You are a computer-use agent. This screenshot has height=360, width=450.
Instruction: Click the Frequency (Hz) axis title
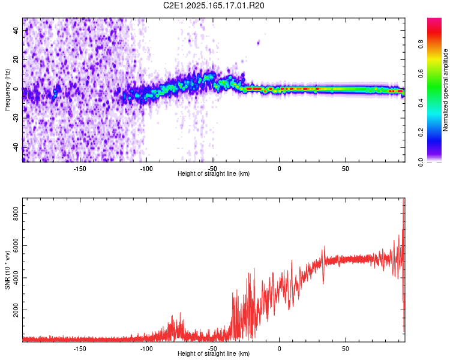point(7,90)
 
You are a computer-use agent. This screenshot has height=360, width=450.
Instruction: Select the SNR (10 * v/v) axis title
point(7,270)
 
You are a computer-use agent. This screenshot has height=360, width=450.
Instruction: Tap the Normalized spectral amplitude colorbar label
point(446,90)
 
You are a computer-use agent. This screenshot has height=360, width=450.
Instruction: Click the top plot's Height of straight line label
point(214,173)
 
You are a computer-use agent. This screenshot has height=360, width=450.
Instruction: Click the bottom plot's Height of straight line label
point(214,353)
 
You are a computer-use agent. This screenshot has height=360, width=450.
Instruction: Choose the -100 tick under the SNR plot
point(146,347)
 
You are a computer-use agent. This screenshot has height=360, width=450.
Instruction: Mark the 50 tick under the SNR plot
point(346,347)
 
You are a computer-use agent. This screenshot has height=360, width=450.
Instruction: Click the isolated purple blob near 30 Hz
point(259,43)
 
